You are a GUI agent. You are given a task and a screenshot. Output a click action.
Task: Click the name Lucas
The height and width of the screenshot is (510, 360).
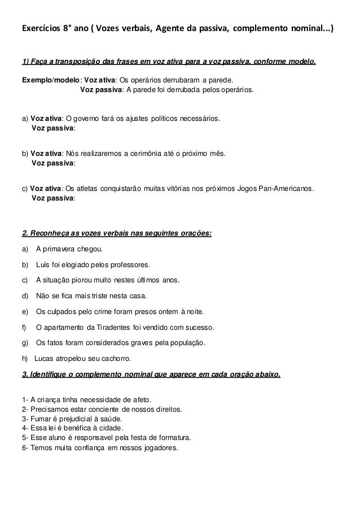pyautogui.click(x=45, y=359)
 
